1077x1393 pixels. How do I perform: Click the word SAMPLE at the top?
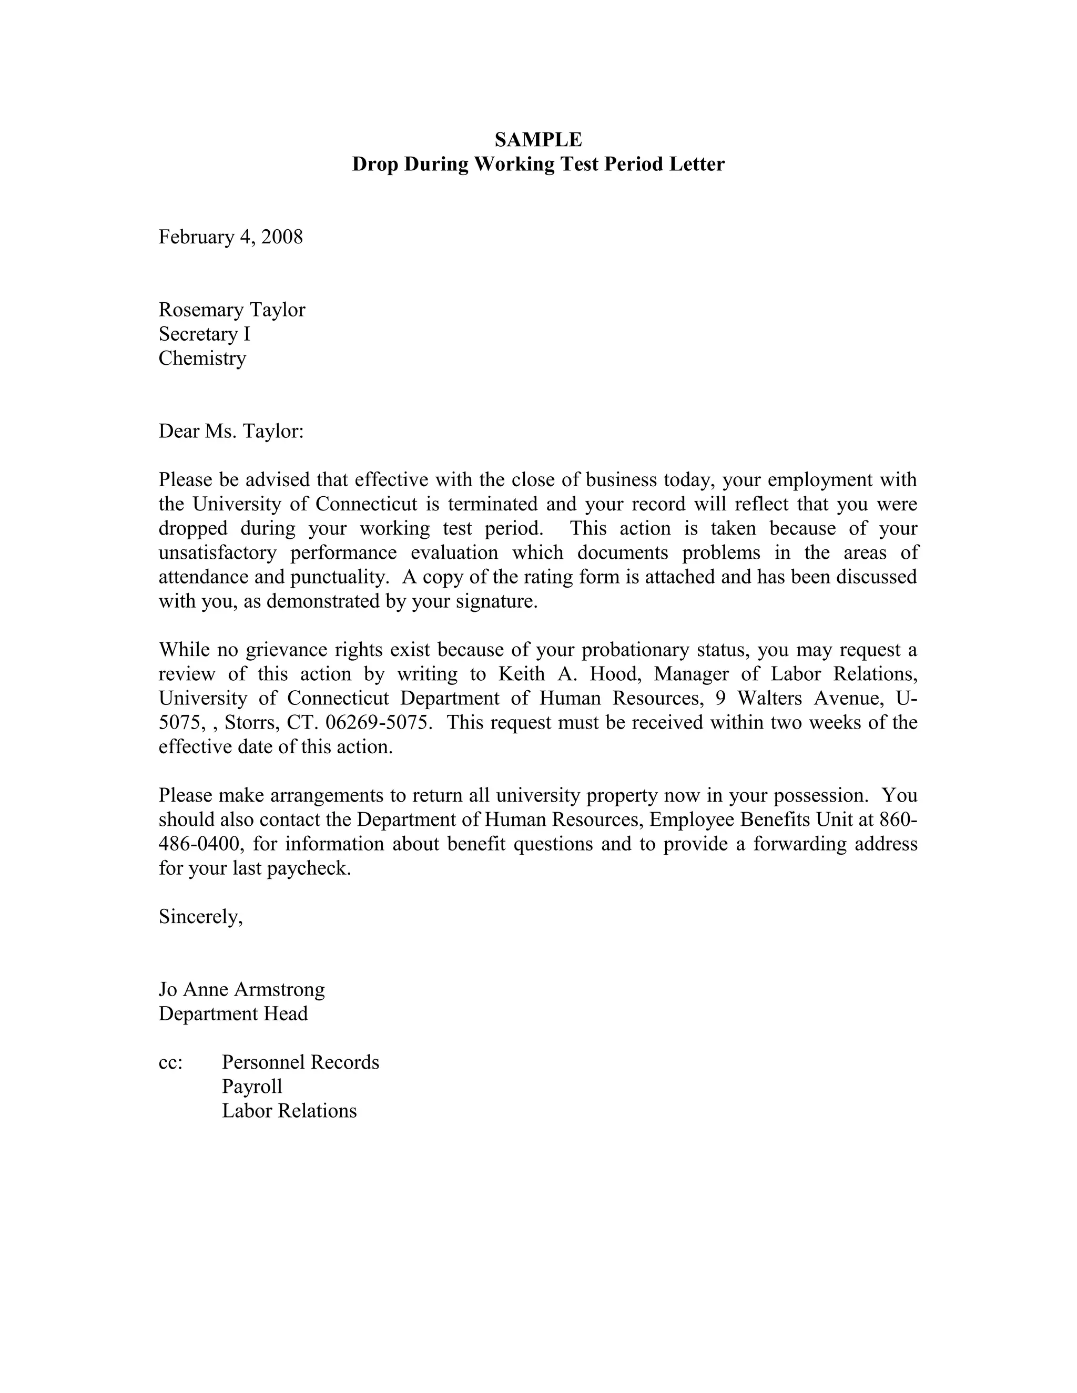point(538,140)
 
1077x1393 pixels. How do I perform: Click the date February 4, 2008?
point(230,237)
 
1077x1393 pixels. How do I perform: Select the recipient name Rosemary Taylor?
point(231,310)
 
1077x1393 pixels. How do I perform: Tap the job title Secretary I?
point(204,334)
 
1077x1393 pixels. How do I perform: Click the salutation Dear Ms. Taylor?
point(231,432)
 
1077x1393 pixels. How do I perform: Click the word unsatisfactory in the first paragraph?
point(218,553)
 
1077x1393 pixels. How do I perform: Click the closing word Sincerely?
point(200,917)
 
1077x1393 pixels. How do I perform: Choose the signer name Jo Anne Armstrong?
point(241,990)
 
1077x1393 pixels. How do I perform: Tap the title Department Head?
point(233,1014)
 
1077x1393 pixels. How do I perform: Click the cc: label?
point(170,1062)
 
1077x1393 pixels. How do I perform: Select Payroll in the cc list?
point(251,1087)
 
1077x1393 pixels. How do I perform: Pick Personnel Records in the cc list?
point(300,1062)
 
